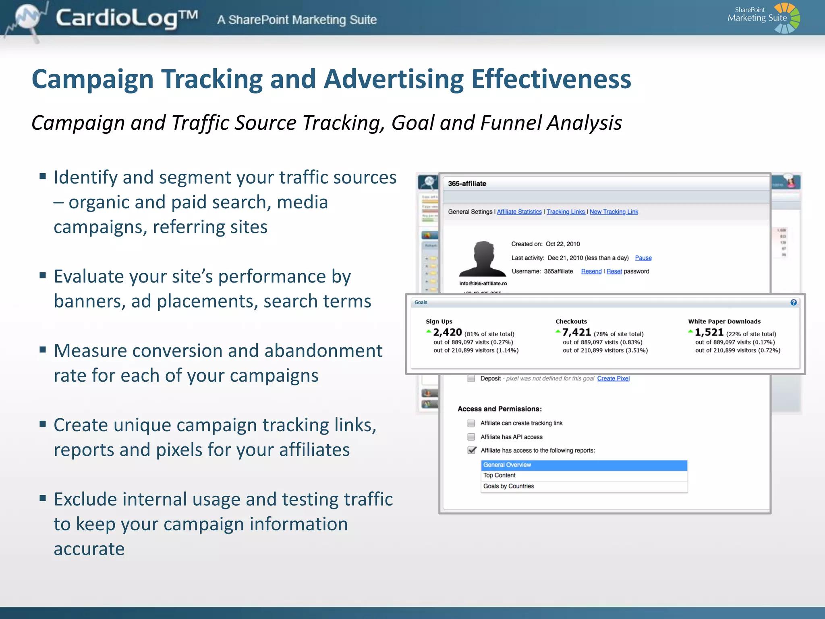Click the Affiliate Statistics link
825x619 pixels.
tap(519, 212)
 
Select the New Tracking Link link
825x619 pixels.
tap(614, 212)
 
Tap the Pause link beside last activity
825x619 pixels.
tap(643, 258)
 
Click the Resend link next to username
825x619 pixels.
tap(591, 272)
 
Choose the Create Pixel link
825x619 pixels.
tap(613, 378)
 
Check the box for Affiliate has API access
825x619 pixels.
tap(471, 437)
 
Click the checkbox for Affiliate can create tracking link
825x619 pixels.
tap(471, 423)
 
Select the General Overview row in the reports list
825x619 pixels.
tap(584, 465)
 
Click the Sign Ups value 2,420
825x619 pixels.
tap(447, 332)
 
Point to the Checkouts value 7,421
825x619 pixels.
tap(576, 332)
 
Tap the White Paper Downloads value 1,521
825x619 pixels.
tap(709, 332)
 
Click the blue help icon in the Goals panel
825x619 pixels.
tap(793, 303)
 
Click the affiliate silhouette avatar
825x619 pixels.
tap(483, 259)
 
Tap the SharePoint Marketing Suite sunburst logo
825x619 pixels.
tap(787, 18)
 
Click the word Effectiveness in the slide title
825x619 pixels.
tap(551, 79)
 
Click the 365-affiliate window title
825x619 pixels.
tap(467, 184)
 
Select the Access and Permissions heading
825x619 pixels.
tap(500, 409)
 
